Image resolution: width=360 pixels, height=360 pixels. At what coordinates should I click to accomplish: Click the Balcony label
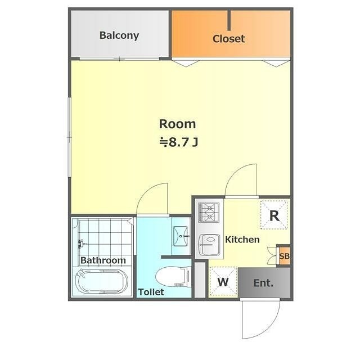(119, 35)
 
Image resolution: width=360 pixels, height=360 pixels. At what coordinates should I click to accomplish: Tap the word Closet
(229, 39)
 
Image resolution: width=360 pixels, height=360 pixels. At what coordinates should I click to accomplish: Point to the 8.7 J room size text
(179, 142)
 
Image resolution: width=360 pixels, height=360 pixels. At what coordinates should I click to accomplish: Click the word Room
(178, 124)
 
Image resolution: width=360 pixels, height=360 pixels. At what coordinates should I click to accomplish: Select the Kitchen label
(242, 240)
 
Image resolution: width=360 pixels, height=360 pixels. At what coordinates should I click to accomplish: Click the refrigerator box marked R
(274, 215)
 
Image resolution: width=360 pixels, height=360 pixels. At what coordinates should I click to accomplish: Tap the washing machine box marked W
(223, 281)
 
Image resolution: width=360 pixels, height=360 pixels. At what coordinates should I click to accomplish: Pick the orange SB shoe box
(284, 256)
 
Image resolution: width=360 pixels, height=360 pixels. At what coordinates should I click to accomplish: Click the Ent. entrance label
(263, 283)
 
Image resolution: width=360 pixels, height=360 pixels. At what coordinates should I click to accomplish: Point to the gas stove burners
(209, 213)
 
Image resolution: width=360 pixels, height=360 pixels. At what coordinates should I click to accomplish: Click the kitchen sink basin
(209, 245)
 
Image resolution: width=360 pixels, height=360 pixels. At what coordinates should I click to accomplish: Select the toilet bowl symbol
(173, 276)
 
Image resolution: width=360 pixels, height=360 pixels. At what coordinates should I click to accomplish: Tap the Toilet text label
(151, 292)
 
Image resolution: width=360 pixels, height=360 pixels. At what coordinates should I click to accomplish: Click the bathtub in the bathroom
(102, 281)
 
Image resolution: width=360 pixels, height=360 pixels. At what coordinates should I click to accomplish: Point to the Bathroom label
(103, 260)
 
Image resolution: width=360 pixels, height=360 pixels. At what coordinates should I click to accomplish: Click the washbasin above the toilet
(181, 236)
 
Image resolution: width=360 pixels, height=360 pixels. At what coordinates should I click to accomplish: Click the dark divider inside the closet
(229, 20)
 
